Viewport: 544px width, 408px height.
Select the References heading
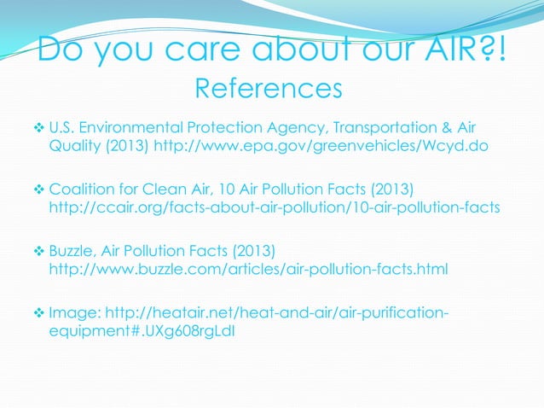[269, 88]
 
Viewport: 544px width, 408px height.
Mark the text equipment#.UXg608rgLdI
[141, 331]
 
